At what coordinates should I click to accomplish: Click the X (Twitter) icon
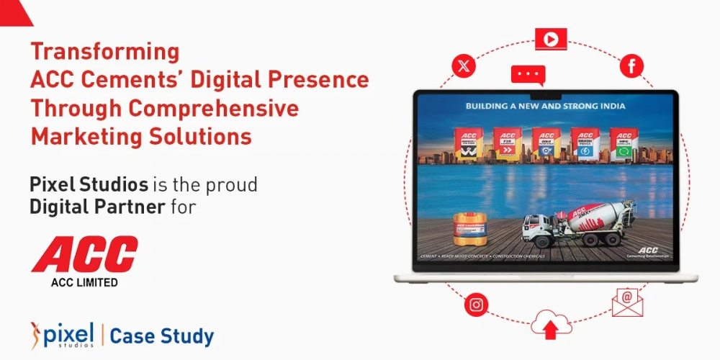point(464,66)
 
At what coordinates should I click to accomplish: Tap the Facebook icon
point(631,66)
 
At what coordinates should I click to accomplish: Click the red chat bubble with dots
point(528,75)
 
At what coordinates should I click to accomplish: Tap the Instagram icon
point(476,305)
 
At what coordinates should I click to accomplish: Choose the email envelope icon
point(627,302)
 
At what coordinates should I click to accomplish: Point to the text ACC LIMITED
point(84,282)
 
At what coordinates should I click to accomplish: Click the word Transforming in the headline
point(104,52)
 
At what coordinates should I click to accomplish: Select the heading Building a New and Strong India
point(545,106)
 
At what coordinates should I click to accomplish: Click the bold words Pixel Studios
point(89,185)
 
